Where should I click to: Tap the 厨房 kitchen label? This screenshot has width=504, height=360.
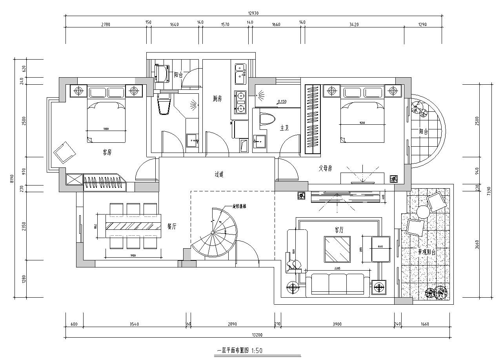(x=217, y=99)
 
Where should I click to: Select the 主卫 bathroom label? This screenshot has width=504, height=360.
(x=284, y=128)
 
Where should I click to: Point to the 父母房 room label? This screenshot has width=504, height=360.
(x=325, y=168)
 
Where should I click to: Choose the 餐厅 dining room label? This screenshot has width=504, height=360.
(x=172, y=226)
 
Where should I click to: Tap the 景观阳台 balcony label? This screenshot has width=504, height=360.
(x=426, y=252)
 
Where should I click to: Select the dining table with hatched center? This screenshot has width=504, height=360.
(x=133, y=226)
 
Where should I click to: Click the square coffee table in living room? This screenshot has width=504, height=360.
(x=337, y=249)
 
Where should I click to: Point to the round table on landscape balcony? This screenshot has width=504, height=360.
(x=424, y=213)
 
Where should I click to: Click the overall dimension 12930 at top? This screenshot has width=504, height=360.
(x=253, y=13)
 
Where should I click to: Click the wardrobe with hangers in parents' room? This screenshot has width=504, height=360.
(x=313, y=119)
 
